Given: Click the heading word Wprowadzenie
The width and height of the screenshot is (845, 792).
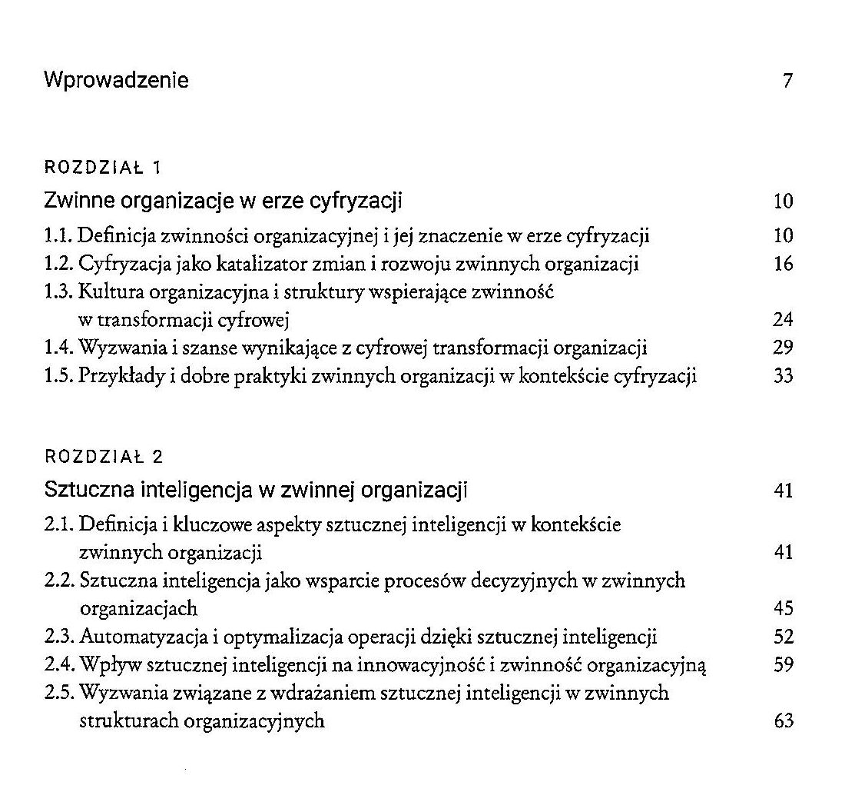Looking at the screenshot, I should pyautogui.click(x=116, y=80).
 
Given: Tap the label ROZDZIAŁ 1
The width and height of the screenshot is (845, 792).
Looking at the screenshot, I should pyautogui.click(x=102, y=167).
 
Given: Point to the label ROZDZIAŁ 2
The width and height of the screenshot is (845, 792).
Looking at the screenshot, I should pyautogui.click(x=104, y=457).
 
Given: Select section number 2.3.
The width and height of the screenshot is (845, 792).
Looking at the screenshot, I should pyautogui.click(x=60, y=637).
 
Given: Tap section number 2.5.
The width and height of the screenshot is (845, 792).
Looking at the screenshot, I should pyautogui.click(x=60, y=694).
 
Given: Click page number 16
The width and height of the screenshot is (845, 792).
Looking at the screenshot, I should pyautogui.click(x=783, y=265).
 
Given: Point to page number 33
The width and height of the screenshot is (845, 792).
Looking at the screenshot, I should pyautogui.click(x=783, y=377).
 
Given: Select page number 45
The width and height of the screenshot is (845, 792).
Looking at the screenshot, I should pyautogui.click(x=783, y=609).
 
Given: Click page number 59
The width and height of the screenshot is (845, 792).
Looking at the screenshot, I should pyautogui.click(x=783, y=665).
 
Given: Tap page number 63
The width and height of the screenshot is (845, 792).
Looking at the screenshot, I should pyautogui.click(x=783, y=721).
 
